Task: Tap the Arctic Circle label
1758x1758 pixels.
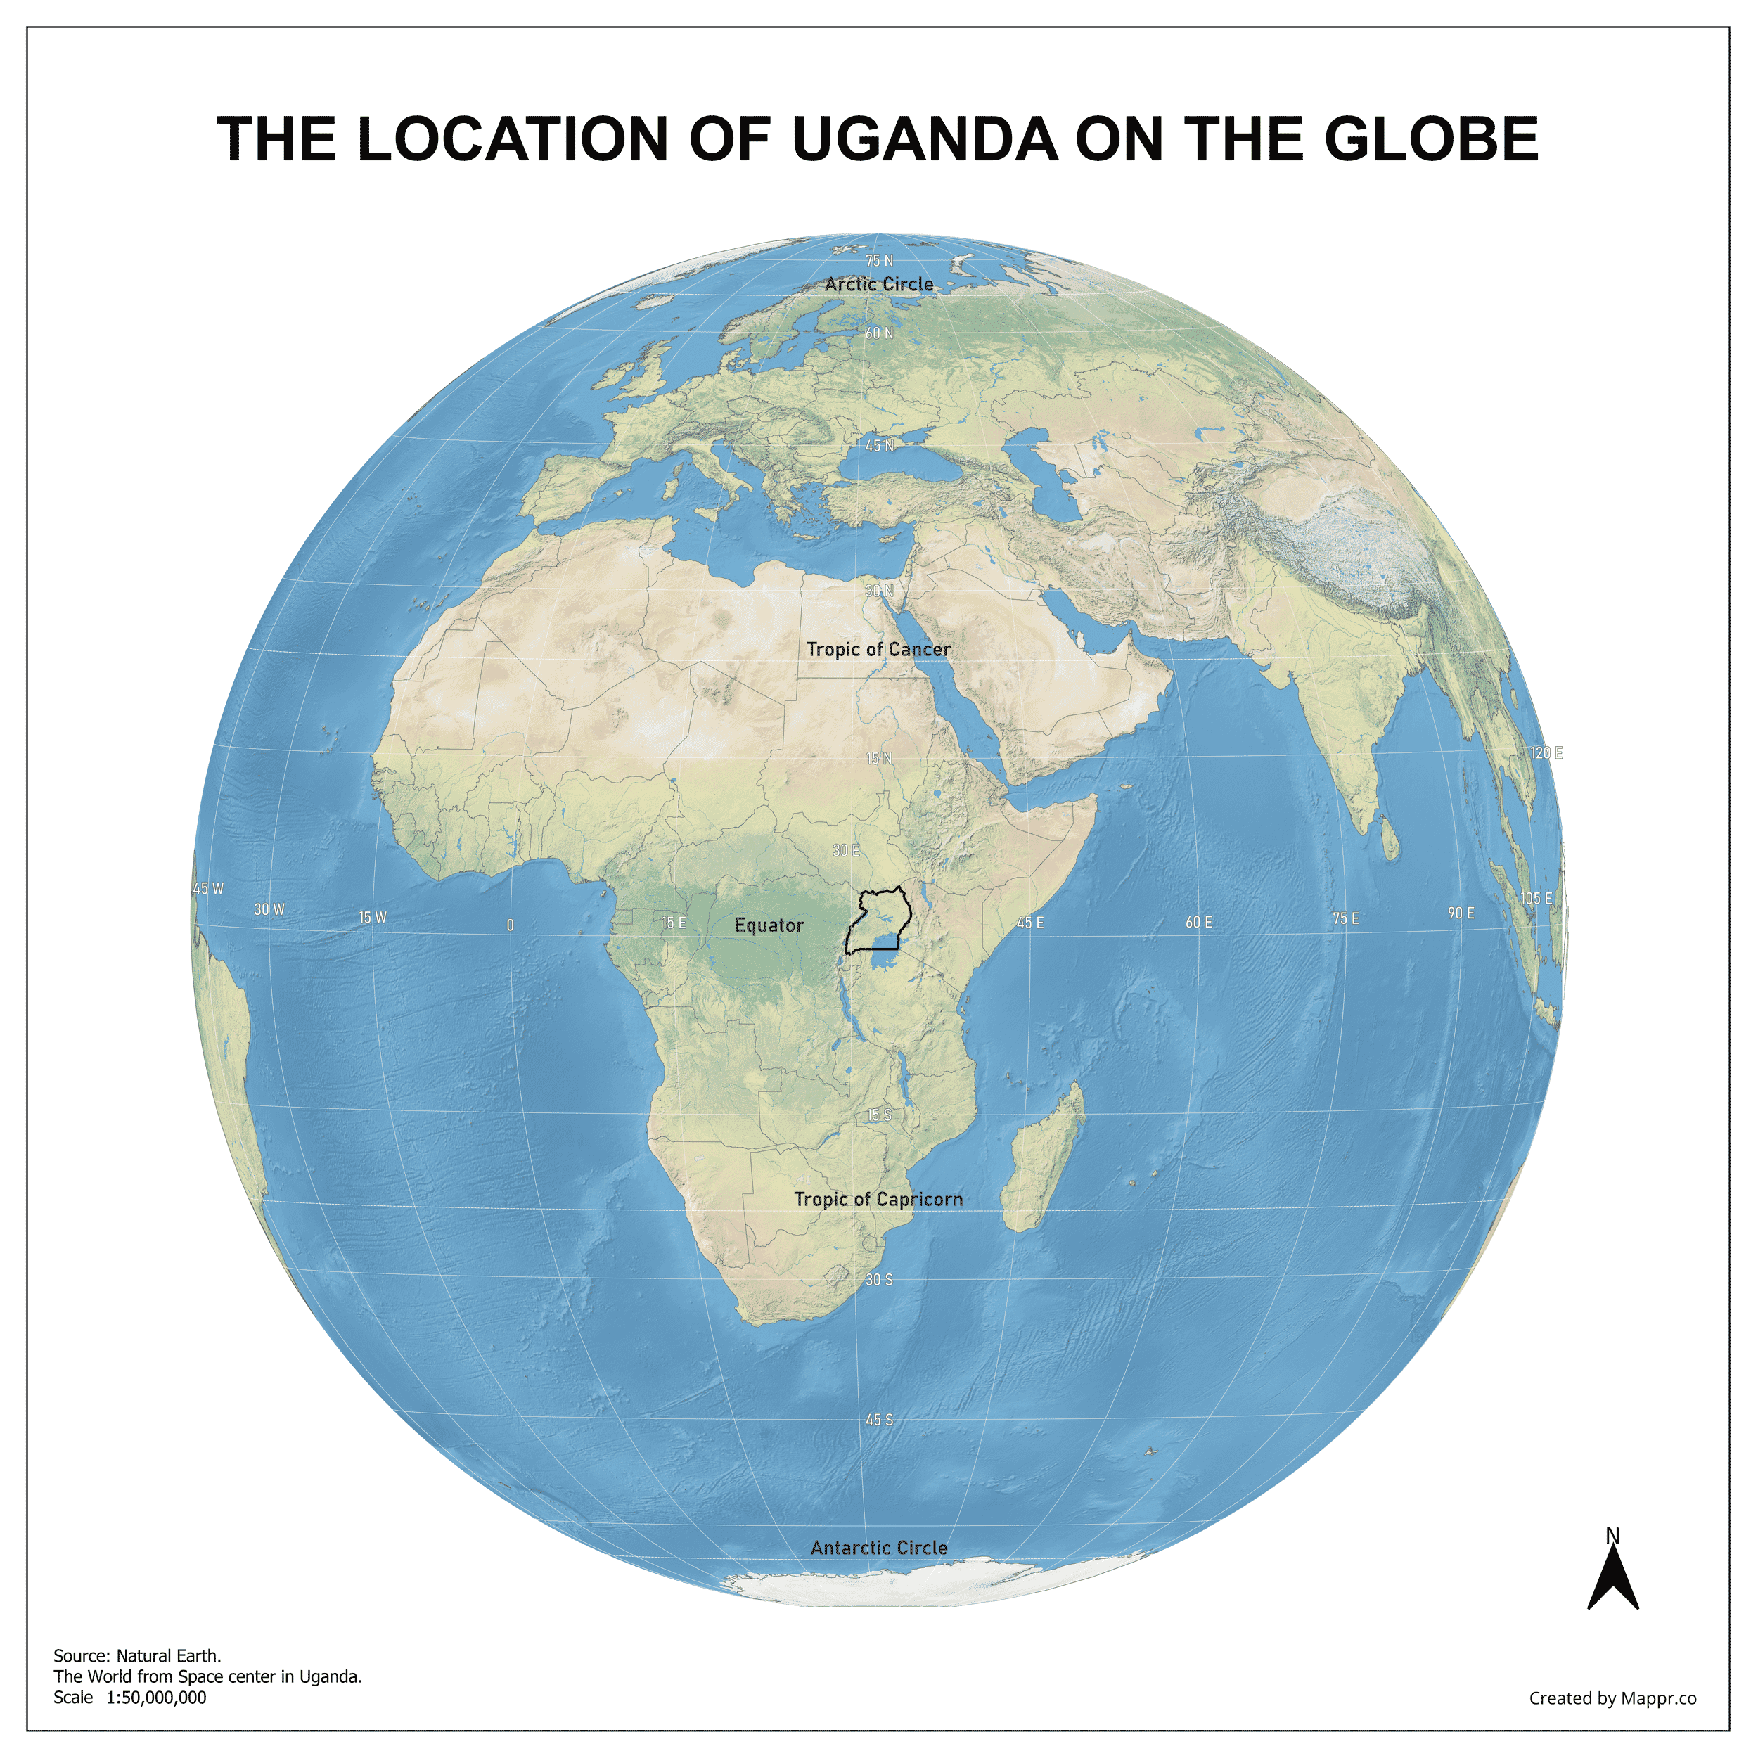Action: (879, 285)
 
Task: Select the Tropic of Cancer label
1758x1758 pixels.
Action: (878, 650)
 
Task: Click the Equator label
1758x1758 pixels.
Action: (769, 925)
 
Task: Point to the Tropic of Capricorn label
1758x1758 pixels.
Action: (878, 1199)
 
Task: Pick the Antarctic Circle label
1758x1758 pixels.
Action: (879, 1548)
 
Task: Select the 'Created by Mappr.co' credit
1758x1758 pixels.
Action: (1612, 1698)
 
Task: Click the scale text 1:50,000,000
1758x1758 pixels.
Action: (157, 1698)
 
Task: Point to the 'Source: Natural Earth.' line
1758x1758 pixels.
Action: (137, 1656)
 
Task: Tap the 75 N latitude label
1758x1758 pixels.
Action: (879, 261)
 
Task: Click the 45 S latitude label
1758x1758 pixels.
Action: (879, 1420)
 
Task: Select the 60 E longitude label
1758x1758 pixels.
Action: (1198, 923)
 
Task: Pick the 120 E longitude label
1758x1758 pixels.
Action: (1546, 753)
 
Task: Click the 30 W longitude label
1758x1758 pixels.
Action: (269, 910)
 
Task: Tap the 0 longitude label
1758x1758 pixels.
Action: (511, 925)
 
